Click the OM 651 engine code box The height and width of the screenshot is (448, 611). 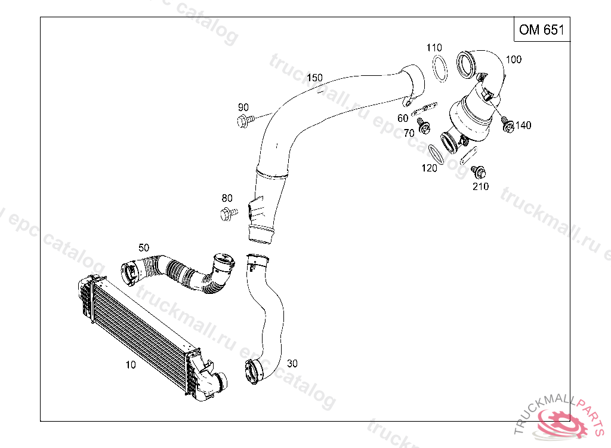tap(541, 30)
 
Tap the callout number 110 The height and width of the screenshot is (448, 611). tap(434, 48)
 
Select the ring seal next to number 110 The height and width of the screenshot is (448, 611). tap(440, 68)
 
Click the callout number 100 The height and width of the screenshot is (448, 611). tap(513, 59)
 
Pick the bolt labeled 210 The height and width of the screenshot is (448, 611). tap(477, 172)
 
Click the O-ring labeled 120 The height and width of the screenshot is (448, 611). tap(437, 154)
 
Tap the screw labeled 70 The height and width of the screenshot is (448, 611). tap(424, 127)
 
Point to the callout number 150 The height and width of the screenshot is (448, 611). tap(314, 78)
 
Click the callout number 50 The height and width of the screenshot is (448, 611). tap(144, 247)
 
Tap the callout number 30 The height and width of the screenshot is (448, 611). tap(292, 363)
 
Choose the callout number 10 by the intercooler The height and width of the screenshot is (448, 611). tap(131, 364)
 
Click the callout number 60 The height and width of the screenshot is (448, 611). tap(403, 118)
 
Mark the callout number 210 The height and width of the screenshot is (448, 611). tap(480, 186)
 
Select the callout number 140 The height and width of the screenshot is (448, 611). tap(523, 125)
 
